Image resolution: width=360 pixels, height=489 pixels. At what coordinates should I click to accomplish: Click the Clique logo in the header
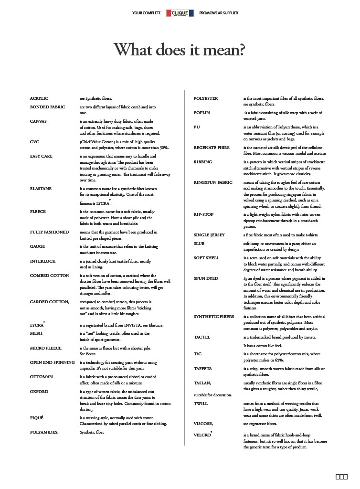tap(180, 13)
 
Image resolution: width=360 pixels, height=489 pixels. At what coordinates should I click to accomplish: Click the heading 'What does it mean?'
tap(179, 49)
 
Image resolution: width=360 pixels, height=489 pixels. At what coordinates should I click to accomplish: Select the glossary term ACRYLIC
tap(39, 98)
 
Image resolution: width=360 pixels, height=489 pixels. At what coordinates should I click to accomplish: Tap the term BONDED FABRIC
tap(48, 107)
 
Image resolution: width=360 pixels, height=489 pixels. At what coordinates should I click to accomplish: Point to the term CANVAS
tap(38, 121)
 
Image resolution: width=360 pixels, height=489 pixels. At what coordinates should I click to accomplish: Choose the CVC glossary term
tap(34, 142)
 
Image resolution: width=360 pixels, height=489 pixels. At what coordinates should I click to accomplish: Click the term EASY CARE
tap(42, 156)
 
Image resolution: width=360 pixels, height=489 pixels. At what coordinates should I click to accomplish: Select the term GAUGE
tap(38, 246)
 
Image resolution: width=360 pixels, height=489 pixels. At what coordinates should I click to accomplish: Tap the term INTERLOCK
tap(43, 261)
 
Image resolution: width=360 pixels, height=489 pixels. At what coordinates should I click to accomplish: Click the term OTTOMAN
tap(42, 377)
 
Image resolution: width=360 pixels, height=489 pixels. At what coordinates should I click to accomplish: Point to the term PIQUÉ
tap(37, 418)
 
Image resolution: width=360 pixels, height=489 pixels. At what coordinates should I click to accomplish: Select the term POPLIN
tap(202, 113)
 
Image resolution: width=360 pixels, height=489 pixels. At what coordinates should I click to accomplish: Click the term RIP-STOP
tap(204, 214)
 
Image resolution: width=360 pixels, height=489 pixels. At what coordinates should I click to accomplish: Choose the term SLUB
tap(200, 244)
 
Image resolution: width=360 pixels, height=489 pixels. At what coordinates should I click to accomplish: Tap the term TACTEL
tap(202, 337)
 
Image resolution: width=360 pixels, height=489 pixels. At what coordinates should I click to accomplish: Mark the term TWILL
tap(201, 404)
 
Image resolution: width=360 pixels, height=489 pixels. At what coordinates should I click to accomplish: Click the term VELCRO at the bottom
tap(202, 435)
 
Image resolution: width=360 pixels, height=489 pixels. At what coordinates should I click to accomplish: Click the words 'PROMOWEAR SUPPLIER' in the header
tap(219, 13)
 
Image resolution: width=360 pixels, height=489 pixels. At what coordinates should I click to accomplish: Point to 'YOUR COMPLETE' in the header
tap(147, 13)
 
